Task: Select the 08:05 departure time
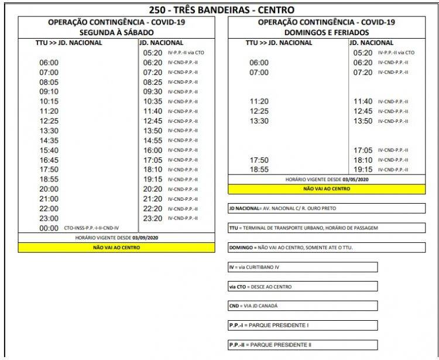[49, 83]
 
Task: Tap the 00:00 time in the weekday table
[49, 228]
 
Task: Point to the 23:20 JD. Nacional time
[152, 218]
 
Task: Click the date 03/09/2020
[149, 238]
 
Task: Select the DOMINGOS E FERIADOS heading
[327, 32]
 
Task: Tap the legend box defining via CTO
[303, 287]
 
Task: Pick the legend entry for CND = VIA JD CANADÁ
[303, 306]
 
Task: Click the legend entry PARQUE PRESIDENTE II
[303, 345]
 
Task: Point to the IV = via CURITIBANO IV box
[303, 267]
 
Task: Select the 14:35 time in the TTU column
[49, 140]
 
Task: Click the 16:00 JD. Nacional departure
[152, 150]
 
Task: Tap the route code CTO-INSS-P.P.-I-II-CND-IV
[91, 228]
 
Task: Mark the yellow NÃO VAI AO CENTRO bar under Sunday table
[327, 189]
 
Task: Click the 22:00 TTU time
[49, 208]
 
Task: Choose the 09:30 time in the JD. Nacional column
[152, 92]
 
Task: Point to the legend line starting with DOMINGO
[327, 248]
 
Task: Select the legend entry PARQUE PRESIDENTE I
[303, 325]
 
